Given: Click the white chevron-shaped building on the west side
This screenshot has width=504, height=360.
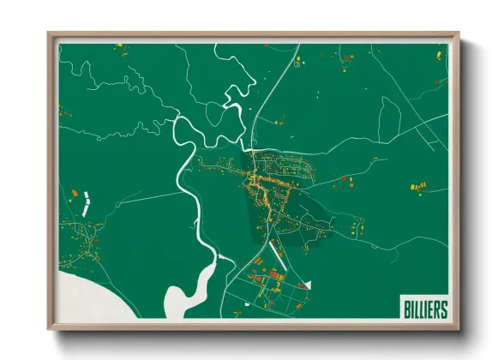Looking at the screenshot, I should click(x=86, y=203).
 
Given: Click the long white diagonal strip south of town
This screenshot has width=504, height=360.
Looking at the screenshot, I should click(x=278, y=249).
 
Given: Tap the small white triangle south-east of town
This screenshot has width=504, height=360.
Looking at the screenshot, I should click(x=308, y=283).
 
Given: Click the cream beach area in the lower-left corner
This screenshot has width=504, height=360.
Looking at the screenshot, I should click(x=86, y=296).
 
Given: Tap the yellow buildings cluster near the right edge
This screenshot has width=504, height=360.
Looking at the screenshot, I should click(x=417, y=185).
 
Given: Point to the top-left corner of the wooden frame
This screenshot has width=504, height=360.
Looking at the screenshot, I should click(x=51, y=34).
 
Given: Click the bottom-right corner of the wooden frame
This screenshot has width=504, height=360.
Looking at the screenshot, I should click(x=458, y=328).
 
